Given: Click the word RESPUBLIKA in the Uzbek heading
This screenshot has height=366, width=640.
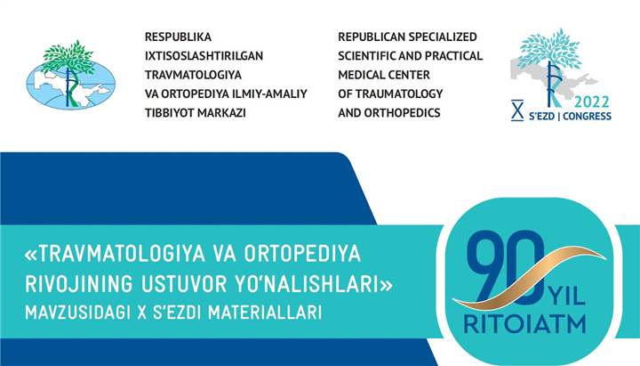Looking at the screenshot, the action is click(178, 37).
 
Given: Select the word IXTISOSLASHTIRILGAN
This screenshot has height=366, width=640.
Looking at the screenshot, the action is click(204, 55).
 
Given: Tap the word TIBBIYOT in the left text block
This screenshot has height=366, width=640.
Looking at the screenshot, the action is click(169, 113).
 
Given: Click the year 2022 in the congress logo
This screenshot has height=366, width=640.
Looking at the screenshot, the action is click(592, 102).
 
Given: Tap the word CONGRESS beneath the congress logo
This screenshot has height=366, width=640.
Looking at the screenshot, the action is click(587, 117).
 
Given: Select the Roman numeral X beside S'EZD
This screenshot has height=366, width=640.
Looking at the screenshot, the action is click(517, 110).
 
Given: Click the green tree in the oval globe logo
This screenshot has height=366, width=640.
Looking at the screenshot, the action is click(68, 56).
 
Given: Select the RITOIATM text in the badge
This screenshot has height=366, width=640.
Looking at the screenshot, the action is click(525, 324).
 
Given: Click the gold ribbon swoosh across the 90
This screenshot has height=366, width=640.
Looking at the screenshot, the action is click(530, 278).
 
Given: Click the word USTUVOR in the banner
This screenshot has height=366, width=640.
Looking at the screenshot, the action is click(183, 284).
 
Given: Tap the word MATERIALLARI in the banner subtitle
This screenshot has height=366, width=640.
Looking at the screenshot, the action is click(265, 313).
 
